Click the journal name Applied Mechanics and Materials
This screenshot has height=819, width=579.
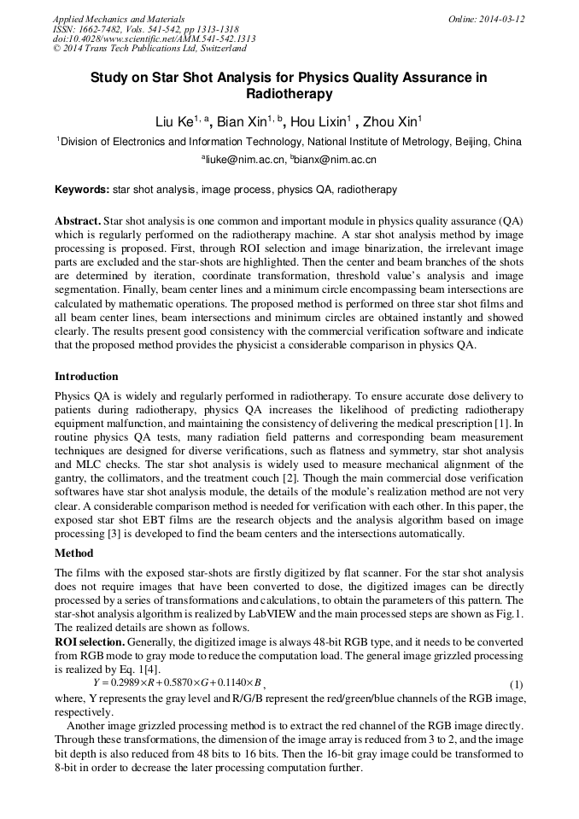118,19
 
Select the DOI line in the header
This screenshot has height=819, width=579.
154,39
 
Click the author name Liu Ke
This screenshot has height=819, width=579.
174,123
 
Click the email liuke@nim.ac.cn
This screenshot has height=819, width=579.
245,160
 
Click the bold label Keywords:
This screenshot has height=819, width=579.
82,190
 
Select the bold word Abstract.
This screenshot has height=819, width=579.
79,220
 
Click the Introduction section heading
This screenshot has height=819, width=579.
86,377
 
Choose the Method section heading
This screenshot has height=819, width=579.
74,553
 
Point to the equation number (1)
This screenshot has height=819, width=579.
516,685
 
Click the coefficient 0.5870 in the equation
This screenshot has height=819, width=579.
178,683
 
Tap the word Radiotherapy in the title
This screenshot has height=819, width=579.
289,95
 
